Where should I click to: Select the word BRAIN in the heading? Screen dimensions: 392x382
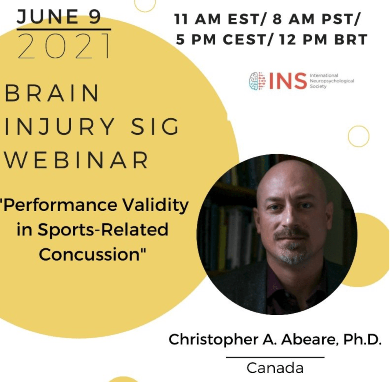[x=52, y=93]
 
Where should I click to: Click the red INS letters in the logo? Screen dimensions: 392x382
[x=288, y=81]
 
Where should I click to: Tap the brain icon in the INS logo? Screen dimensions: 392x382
[x=257, y=81]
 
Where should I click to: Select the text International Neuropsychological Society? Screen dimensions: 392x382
[x=332, y=81]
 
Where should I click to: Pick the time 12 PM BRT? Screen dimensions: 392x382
[x=323, y=40]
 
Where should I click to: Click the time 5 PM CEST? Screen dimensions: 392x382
[x=221, y=40]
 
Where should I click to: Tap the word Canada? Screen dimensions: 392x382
[x=275, y=368]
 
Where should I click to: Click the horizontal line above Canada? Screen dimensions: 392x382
[x=275, y=357]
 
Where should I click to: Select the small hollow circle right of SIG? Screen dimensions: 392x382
[x=359, y=136]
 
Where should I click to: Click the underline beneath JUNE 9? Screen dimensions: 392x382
[x=64, y=29]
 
